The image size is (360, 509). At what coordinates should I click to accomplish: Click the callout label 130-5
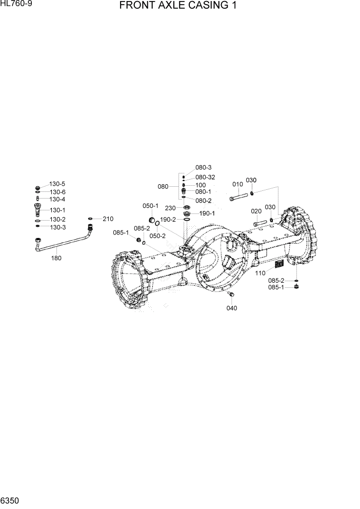pos(57,184)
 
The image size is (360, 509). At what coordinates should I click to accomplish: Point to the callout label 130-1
pos(57,210)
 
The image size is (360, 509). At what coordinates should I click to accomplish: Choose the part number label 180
pos(56,258)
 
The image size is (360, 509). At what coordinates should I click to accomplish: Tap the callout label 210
pos(108,219)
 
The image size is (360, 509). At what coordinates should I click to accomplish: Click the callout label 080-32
pos(205,177)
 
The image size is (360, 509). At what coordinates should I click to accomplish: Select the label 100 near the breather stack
pos(201,185)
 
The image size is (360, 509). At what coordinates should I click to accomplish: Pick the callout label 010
pos(237,184)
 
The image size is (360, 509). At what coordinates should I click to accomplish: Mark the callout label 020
pos(256,211)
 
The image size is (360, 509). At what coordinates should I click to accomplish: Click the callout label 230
pos(171,208)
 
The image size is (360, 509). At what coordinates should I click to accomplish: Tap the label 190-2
pos(168,220)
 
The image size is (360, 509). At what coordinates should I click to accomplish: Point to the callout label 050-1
pos(150,206)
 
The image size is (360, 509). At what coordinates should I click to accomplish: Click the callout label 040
pos(232,308)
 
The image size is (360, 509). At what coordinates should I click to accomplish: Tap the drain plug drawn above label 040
pos(231,295)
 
